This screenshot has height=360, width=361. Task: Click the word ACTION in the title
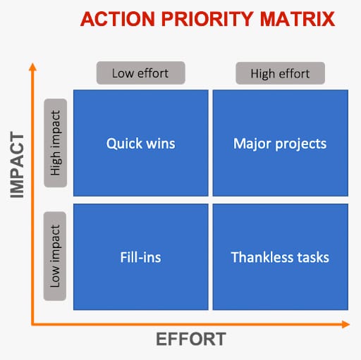[118, 19]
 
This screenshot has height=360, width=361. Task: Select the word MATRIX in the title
[298, 19]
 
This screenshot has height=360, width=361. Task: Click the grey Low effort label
[141, 73]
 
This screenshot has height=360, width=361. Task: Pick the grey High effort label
[280, 73]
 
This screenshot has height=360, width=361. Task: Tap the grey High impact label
[56, 143]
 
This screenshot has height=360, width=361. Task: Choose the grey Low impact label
[55, 256]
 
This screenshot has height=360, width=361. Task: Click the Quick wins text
[141, 144]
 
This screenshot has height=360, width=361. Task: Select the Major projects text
[280, 144]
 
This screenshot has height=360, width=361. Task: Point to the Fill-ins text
[140, 257]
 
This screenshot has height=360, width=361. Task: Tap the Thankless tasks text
[280, 257]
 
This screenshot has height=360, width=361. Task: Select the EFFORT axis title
[191, 340]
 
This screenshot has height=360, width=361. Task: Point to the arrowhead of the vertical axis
[32, 67]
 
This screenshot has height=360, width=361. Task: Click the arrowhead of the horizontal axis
[345, 324]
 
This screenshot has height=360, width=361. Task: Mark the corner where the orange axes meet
[32, 324]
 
